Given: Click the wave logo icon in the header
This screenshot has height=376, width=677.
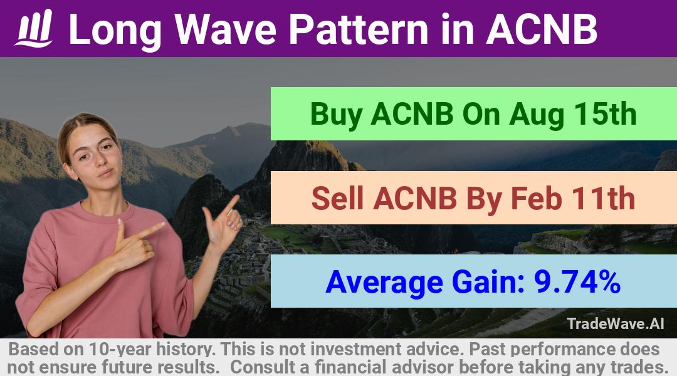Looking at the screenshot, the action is pyautogui.click(x=34, y=28).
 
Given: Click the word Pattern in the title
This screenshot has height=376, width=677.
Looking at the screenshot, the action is pyautogui.click(x=359, y=29).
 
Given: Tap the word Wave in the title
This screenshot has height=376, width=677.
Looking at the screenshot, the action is pyautogui.click(x=225, y=29).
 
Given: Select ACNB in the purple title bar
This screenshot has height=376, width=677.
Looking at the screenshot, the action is pyautogui.click(x=542, y=29).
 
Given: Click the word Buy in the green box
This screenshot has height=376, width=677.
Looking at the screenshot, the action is pyautogui.click(x=336, y=115).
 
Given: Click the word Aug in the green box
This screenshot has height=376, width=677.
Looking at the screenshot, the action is pyautogui.click(x=537, y=115).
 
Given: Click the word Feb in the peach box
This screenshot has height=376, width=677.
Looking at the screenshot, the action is pyautogui.click(x=536, y=198).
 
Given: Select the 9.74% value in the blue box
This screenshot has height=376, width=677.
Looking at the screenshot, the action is pyautogui.click(x=577, y=281).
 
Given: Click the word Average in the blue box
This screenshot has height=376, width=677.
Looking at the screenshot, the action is pyautogui.click(x=384, y=283).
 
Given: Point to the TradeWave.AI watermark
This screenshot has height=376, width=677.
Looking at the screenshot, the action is pyautogui.click(x=616, y=324).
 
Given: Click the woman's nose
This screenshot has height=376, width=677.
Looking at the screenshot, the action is pyautogui.click(x=100, y=160).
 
